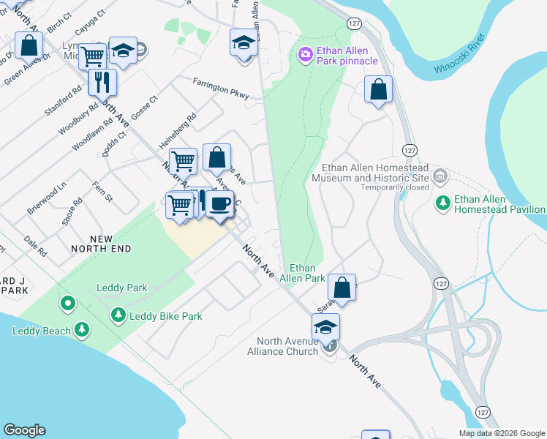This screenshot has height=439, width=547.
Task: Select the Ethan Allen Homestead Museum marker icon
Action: (440, 176)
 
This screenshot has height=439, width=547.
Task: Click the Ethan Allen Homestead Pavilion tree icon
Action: (442, 202)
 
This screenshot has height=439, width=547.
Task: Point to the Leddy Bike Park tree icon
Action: (118, 315)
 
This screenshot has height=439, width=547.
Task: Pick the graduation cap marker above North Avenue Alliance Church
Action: (325, 326)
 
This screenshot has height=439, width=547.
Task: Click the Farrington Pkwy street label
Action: (221, 89)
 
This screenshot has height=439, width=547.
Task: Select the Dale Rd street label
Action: (35, 246)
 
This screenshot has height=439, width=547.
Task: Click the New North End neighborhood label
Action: (101, 244)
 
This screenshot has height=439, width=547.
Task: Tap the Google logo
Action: (24, 430)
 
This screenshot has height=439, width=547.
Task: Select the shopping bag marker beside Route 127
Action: (378, 89)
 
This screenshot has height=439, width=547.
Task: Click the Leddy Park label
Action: (122, 288)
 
